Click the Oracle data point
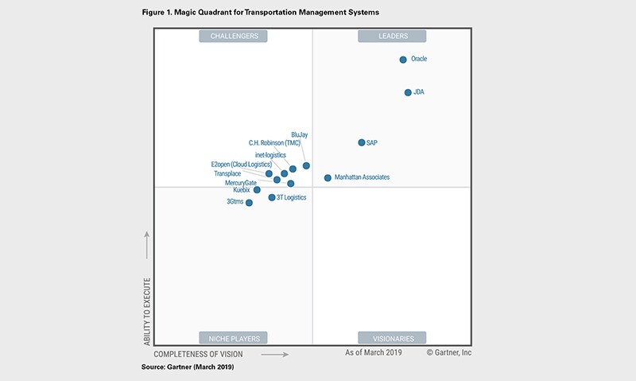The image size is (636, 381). pos(403,60)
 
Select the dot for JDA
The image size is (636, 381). pos(408,92)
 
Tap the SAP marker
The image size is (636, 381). pos(362,142)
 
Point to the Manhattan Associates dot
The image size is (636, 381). pos(328,177)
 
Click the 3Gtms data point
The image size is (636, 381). pos(249,203)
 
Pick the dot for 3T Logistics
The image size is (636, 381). pos(272,197)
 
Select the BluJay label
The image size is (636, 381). pos(300,134)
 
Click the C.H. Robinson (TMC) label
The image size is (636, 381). pos(274,143)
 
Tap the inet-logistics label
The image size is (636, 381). pos(270,154)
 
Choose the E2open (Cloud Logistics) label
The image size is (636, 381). pos(241,165)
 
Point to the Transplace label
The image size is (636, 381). pos(227,173)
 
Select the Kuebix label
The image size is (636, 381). pos(242,190)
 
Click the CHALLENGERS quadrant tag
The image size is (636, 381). pos(234,36)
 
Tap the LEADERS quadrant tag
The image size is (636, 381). pos(392,36)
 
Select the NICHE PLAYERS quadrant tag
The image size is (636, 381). pos(234,338)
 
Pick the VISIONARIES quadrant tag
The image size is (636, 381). pos(392,338)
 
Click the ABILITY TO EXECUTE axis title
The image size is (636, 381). pos(148,311)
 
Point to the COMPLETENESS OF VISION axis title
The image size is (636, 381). pos(199,353)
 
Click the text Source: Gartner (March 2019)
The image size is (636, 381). pos(188,367)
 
